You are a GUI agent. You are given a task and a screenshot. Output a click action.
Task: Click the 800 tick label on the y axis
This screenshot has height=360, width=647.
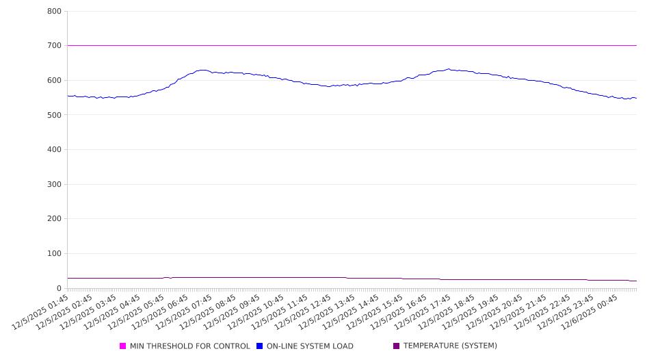54,12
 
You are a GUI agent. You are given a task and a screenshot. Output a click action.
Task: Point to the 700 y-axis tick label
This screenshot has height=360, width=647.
54,46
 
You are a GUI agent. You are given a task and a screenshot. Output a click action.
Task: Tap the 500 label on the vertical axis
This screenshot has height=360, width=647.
54,115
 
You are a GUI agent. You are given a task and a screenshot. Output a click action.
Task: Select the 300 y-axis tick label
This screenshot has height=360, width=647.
54,184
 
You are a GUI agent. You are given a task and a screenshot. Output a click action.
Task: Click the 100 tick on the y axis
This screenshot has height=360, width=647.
54,254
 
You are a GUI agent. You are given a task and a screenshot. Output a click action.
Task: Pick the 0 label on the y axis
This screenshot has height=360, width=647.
60,288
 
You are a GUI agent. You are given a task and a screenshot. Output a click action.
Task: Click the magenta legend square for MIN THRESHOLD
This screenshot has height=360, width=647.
123,346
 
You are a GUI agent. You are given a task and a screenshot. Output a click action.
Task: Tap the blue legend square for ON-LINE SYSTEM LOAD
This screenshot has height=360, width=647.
260,346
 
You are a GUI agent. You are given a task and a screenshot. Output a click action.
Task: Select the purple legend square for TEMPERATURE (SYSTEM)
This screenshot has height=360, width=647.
397,346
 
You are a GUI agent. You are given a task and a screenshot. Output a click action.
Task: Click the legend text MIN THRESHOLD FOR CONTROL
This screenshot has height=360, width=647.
189,346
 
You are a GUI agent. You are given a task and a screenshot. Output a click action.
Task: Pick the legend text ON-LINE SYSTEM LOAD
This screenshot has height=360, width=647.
310,346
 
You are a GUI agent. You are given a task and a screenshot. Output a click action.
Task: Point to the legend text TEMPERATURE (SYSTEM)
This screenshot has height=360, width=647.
450,346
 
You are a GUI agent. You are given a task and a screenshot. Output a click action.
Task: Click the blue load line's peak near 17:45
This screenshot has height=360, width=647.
449,69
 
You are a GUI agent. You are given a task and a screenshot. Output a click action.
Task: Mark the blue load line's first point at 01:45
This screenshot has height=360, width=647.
68,96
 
